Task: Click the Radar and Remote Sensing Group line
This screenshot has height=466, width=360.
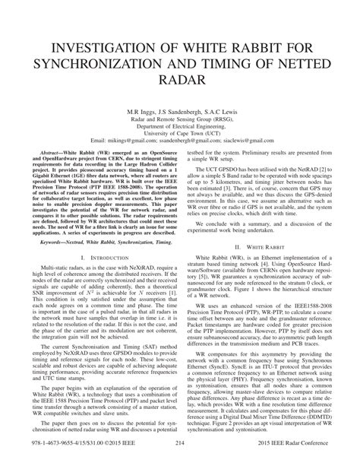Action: tap(180, 118)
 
